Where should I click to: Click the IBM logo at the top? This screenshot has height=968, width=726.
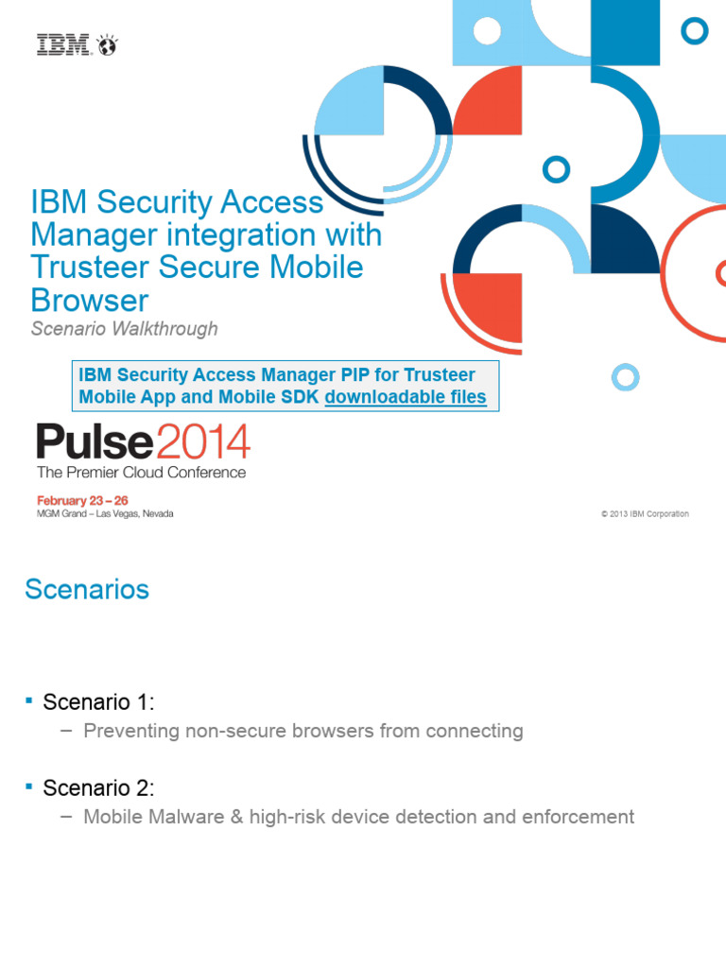(76, 44)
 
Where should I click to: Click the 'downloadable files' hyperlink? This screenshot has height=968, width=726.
(406, 398)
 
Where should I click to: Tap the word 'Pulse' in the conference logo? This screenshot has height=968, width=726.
(95, 441)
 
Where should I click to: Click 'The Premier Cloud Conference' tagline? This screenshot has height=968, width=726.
(141, 472)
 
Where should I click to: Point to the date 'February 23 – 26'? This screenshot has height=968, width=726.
(81, 499)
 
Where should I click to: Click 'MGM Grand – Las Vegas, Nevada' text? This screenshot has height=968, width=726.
(105, 513)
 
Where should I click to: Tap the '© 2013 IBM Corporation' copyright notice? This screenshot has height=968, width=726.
(645, 514)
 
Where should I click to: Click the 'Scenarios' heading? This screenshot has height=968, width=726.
(87, 590)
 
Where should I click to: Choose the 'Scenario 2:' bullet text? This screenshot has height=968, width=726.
(98, 787)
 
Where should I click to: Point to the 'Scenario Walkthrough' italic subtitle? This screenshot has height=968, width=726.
(125, 329)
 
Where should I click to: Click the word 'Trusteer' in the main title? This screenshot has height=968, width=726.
(90, 267)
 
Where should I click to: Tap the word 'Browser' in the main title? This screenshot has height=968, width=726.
(90, 300)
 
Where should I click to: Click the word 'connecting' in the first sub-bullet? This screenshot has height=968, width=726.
(475, 731)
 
